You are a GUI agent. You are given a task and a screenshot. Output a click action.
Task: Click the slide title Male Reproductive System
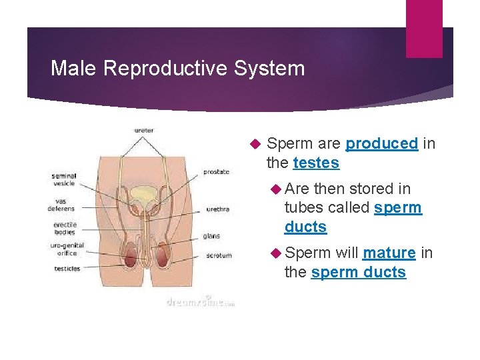(x=177, y=68)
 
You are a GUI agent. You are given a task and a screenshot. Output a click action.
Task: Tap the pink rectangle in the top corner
(x=424, y=28)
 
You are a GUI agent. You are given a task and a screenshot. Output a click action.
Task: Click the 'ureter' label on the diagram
(x=143, y=130)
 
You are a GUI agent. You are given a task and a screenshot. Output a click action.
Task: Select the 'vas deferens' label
(x=61, y=205)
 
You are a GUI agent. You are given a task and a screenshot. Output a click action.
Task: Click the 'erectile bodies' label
(x=65, y=229)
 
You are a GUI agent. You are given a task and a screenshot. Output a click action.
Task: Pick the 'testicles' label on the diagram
(x=67, y=269)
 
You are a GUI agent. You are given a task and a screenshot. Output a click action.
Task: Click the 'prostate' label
(x=217, y=171)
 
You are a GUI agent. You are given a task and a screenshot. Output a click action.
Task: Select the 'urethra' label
(x=217, y=209)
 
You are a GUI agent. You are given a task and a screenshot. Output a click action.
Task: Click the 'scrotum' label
(x=219, y=255)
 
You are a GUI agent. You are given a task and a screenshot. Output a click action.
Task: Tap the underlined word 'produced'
(x=382, y=143)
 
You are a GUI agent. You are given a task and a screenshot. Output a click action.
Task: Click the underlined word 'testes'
(x=316, y=163)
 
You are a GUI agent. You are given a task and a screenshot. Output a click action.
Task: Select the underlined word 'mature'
(x=389, y=253)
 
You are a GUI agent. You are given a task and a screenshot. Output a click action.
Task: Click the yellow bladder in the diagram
(x=142, y=195)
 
